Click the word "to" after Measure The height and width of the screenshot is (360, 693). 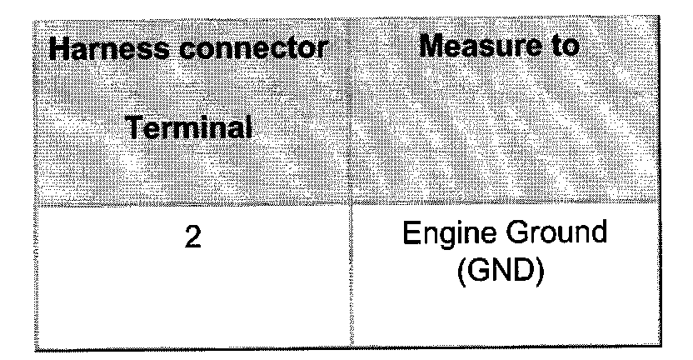pyautogui.click(x=561, y=47)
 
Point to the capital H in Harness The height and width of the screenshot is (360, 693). pyautogui.click(x=59, y=49)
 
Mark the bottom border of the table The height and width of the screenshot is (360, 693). pyautogui.click(x=350, y=348)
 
